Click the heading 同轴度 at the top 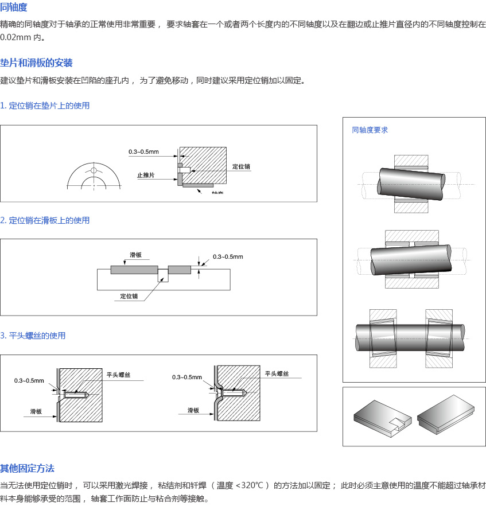[14, 8]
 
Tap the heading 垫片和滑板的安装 [36, 63]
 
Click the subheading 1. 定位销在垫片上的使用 [45, 106]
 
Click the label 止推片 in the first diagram [146, 176]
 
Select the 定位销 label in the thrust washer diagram [241, 166]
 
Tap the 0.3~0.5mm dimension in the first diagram [143, 152]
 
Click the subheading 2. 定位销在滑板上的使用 [45, 220]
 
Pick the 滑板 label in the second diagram [136, 255]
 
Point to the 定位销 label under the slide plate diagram [129, 296]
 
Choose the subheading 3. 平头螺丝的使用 [33, 336]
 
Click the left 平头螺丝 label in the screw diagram [119, 375]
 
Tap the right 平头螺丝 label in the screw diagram [277, 373]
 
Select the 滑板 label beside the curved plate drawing [193, 411]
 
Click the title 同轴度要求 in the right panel [370, 130]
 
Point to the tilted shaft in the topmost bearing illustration [411, 184]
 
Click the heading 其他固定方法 [28, 469]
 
